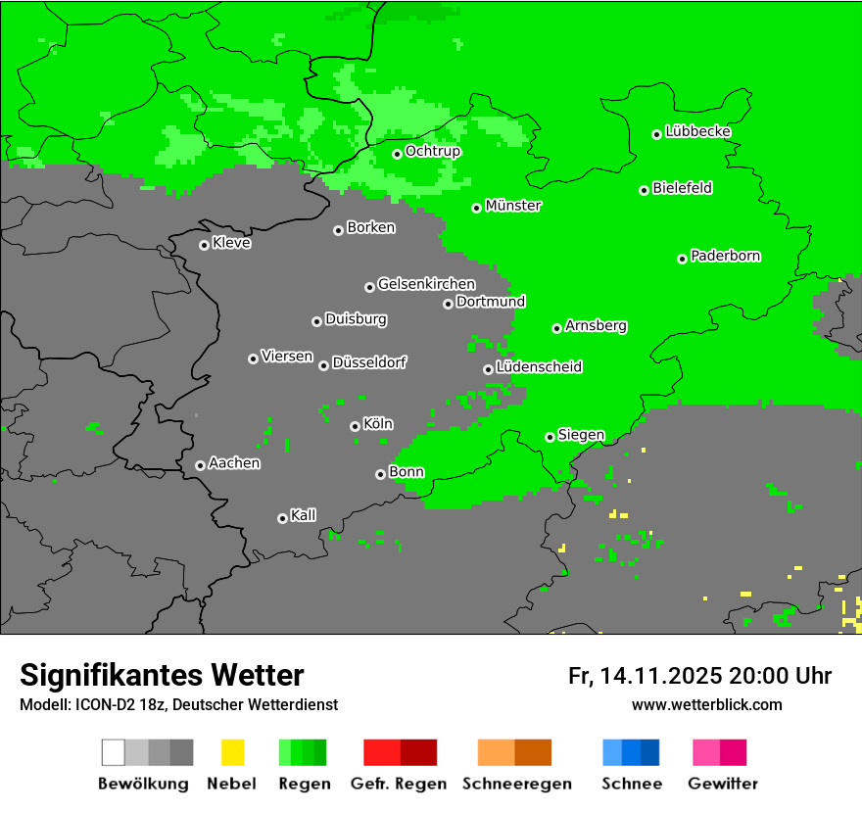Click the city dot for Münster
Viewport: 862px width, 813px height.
[477, 208]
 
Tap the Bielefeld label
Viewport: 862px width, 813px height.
[683, 188]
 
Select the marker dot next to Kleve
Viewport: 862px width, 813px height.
[204, 245]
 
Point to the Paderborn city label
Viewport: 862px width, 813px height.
[726, 257]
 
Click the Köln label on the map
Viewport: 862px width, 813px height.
[378, 424]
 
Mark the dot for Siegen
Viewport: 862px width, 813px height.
[550, 437]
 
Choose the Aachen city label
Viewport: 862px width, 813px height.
[234, 463]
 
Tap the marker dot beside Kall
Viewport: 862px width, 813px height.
[282, 518]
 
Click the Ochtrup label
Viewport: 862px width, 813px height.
[433, 152]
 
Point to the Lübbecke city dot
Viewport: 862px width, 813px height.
[657, 134]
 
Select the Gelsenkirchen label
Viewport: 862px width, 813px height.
[426, 285]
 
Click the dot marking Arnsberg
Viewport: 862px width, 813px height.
[556, 328]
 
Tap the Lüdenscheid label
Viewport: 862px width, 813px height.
[539, 367]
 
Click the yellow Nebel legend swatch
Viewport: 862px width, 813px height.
[232, 752]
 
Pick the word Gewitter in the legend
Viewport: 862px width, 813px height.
[723, 784]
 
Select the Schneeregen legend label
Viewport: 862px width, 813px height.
[517, 784]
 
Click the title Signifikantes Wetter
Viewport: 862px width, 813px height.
[162, 676]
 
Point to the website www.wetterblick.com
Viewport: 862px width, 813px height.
[707, 705]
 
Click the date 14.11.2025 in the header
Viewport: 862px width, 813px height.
[662, 676]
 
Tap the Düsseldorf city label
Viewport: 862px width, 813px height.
[369, 362]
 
